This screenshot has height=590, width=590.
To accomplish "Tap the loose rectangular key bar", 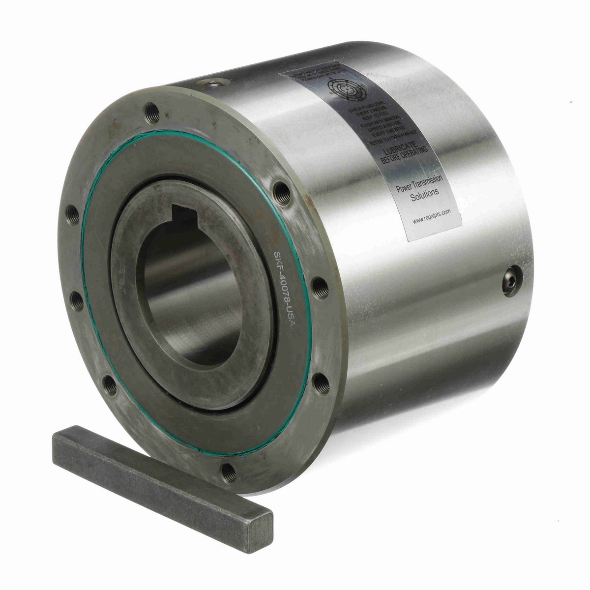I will tap(157, 487).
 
